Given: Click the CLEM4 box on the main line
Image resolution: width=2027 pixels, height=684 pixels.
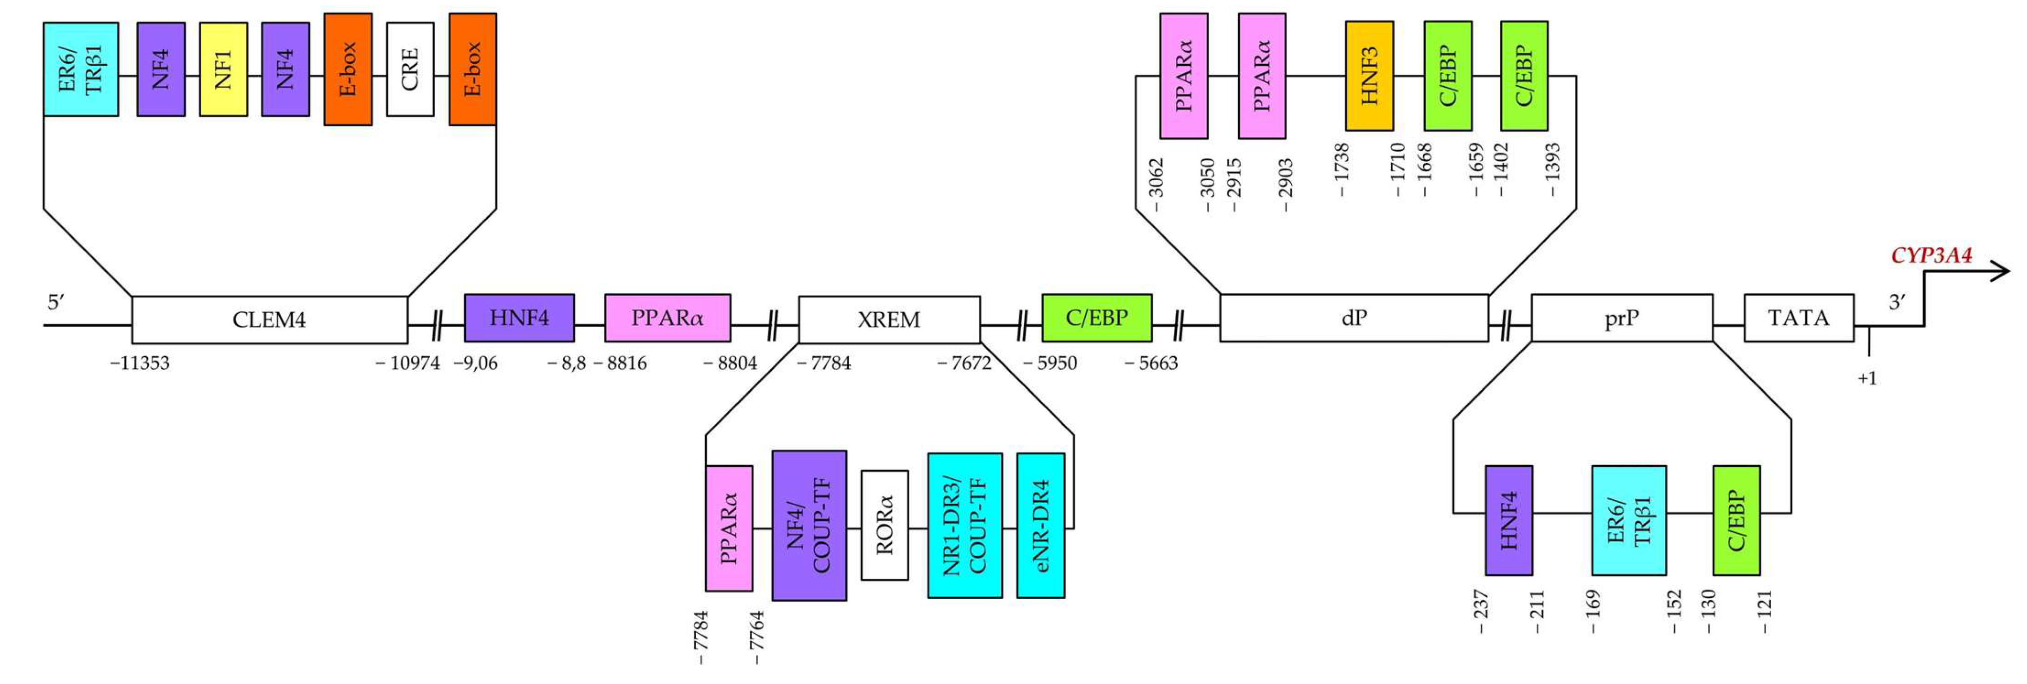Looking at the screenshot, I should (269, 320).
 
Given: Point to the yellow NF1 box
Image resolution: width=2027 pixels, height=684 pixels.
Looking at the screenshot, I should (224, 69).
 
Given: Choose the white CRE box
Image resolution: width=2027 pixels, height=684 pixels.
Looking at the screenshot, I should (410, 69).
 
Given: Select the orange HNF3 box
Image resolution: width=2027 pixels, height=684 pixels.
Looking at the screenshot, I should (1369, 76).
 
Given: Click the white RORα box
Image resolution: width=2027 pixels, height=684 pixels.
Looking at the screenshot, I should (884, 525).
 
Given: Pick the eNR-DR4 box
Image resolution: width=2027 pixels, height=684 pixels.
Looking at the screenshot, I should (1040, 525).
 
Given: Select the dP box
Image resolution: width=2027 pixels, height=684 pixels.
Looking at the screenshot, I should (1354, 318).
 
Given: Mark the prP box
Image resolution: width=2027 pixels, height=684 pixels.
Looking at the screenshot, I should (1621, 318).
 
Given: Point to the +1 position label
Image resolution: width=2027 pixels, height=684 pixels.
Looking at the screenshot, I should (1867, 379).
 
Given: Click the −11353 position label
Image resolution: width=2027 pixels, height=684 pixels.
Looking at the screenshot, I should (140, 363).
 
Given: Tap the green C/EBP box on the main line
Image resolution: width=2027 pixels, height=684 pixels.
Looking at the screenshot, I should (1096, 318).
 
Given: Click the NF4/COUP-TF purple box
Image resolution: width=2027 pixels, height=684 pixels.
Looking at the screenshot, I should (809, 525).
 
